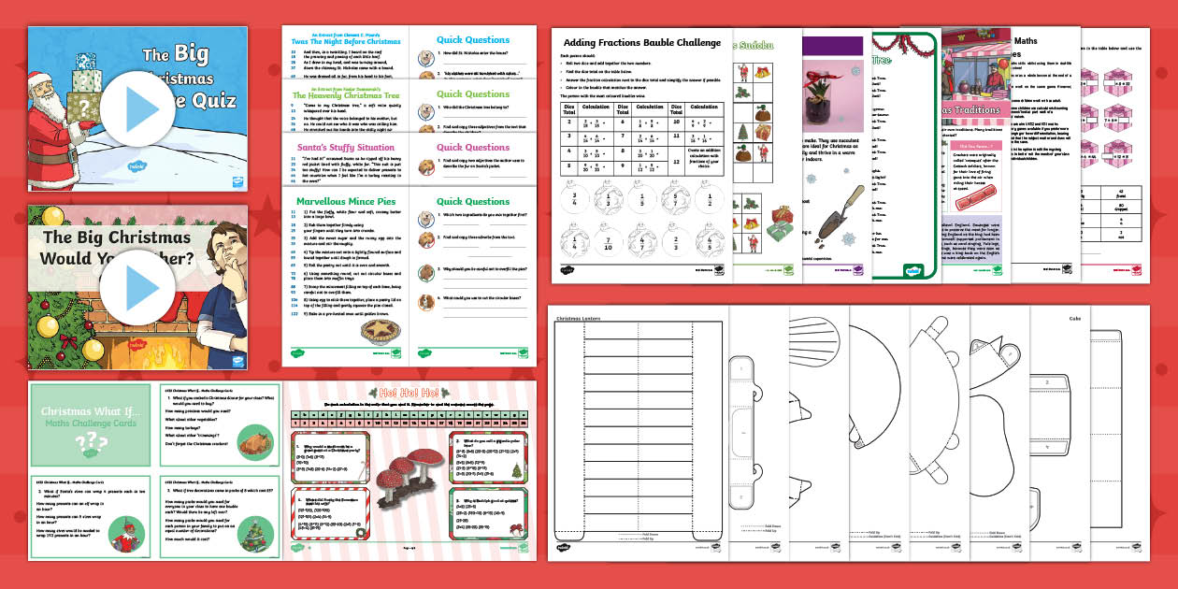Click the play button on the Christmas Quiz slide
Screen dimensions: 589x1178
click(131, 108)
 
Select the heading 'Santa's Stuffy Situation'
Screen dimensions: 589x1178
click(345, 148)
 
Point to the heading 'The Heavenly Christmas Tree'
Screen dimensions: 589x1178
click(345, 94)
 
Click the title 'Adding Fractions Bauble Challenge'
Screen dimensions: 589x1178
click(642, 43)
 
